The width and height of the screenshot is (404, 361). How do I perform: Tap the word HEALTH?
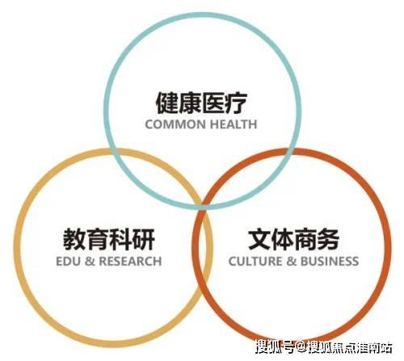pos(234,124)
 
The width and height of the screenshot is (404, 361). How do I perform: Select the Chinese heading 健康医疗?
pos(201,103)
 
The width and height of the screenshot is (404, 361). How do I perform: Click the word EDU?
pos(68,262)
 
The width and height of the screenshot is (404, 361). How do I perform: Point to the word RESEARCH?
pos(130,262)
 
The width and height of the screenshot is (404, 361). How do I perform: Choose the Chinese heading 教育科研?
pos(109,239)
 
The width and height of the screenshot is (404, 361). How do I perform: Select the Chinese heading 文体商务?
pos(294,239)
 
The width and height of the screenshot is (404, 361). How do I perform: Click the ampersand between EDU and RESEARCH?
pos(90,262)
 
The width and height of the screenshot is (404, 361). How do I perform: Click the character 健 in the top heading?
pos(167,103)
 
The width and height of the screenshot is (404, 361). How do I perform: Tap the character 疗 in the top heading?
pos(236,103)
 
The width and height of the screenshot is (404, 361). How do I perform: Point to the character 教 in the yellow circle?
pos(74,239)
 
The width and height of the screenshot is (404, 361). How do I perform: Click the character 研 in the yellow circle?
pos(144,239)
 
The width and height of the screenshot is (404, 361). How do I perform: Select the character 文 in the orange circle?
pos(259,239)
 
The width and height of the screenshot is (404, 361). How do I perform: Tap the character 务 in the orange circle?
pos(328,239)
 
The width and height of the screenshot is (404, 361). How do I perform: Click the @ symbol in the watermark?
pos(301,347)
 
